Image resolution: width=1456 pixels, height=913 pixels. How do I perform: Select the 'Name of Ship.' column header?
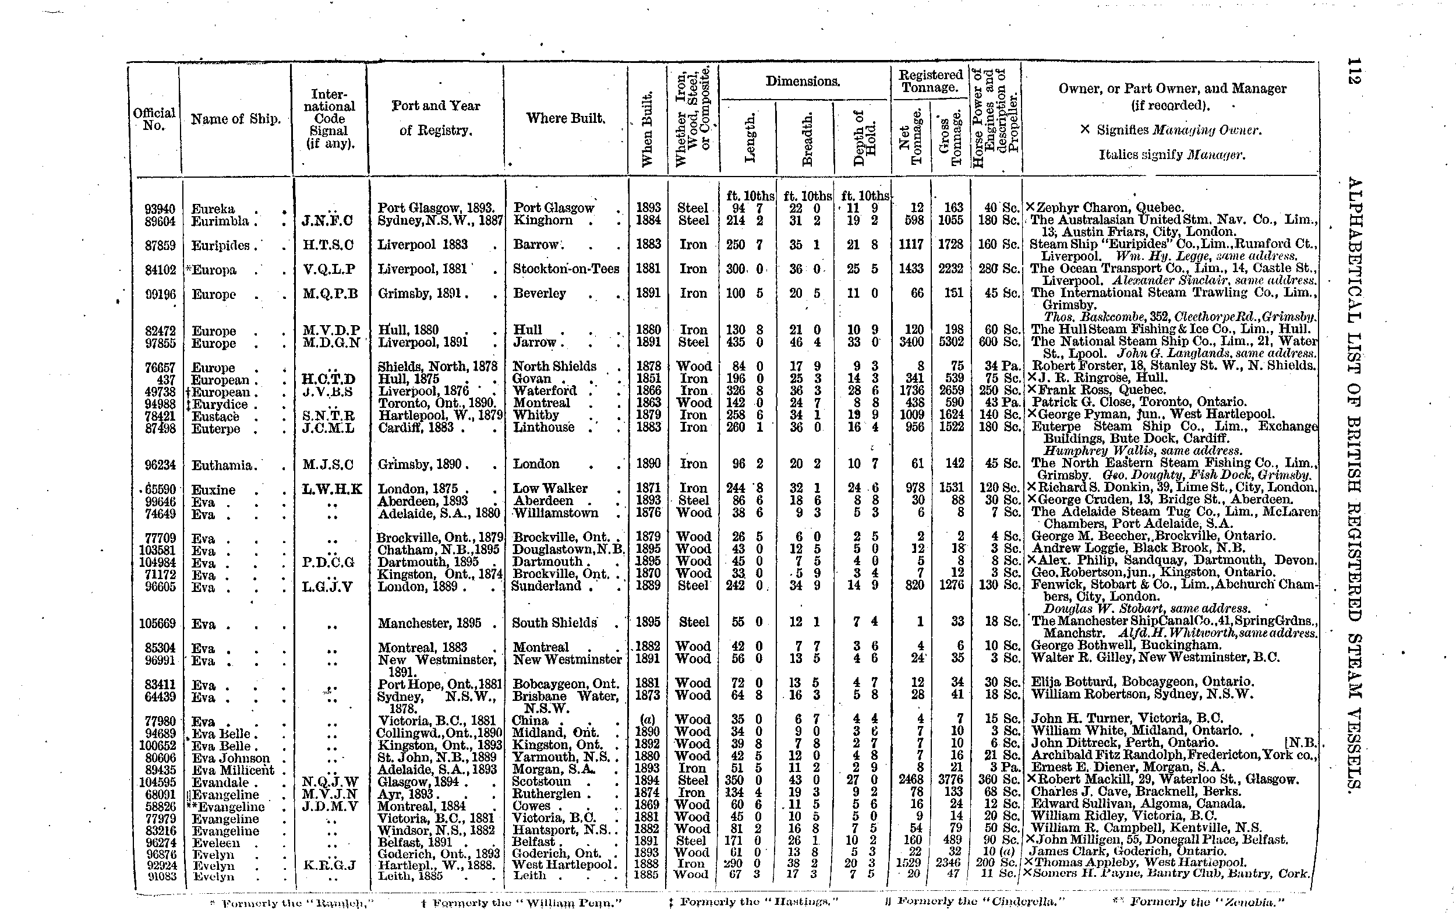236,119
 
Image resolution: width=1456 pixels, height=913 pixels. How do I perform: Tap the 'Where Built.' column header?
566,118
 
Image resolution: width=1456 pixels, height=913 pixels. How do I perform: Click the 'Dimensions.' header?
803,82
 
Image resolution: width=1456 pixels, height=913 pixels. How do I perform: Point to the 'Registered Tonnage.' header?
931,81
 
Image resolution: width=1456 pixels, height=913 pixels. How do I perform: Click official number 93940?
160,209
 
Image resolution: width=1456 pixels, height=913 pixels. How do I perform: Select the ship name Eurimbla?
220,221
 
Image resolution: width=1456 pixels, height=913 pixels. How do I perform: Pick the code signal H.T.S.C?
329,245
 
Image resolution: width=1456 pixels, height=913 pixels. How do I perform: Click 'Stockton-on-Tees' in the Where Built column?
566,269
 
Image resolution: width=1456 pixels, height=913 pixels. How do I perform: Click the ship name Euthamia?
221,466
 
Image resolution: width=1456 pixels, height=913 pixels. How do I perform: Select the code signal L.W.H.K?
331,489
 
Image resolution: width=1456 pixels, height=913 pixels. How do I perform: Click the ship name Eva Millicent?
233,770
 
